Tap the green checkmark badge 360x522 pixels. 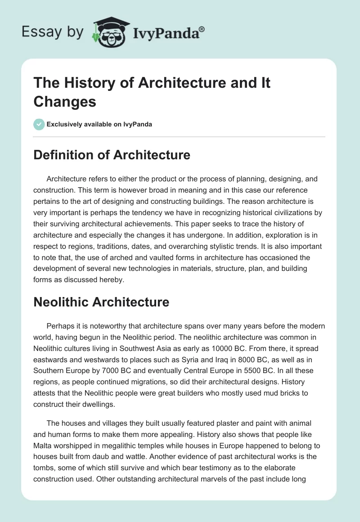tap(39, 124)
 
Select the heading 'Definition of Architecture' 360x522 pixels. tap(112, 155)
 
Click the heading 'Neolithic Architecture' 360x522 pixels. tap(101, 302)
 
